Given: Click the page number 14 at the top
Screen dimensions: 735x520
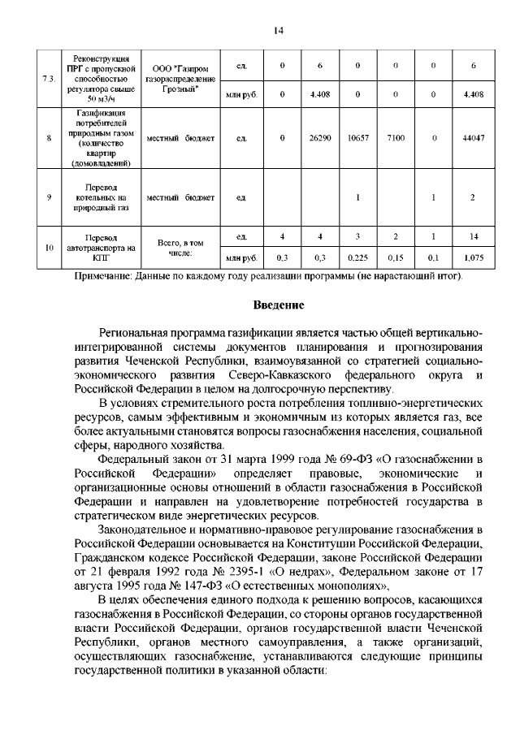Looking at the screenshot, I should [x=276, y=31].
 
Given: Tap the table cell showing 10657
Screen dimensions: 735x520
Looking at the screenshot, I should [x=358, y=139].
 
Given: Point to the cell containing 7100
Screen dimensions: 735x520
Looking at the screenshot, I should [x=396, y=139].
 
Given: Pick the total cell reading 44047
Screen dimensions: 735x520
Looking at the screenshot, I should [x=473, y=139].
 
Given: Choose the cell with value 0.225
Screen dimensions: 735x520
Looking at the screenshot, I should [x=358, y=258].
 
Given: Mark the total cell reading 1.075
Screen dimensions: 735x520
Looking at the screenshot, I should [x=473, y=258].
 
